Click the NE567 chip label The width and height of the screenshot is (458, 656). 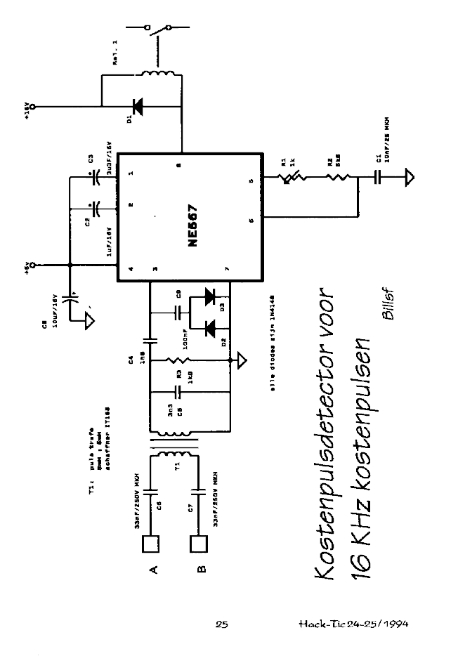tap(192, 225)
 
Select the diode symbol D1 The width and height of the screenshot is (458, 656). tap(137, 107)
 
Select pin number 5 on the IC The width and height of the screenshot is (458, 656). tap(251, 182)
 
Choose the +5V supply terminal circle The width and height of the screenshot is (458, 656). tap(32, 265)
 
